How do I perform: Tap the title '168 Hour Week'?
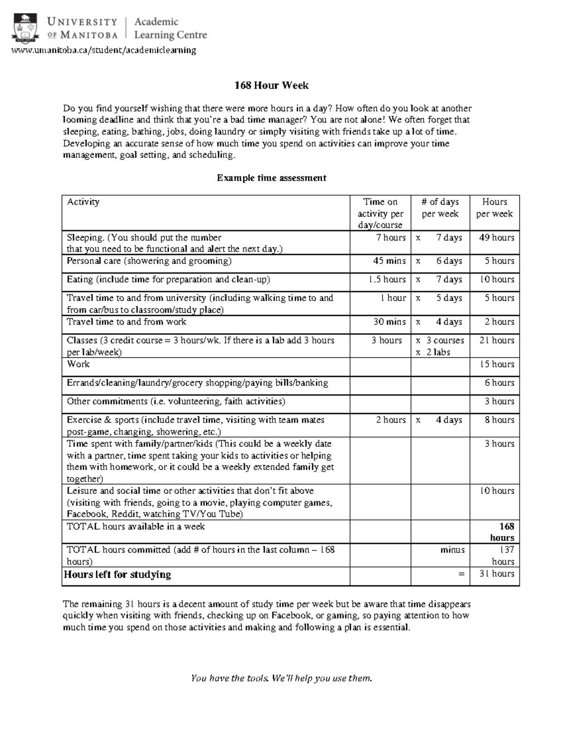272,85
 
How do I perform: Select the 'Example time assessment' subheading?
271,178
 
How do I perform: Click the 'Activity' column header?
83,202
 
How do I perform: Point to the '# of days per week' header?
440,208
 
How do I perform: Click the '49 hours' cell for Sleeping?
496,238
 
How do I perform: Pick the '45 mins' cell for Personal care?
389,261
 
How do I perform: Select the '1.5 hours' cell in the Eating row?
387,279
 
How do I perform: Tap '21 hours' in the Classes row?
496,340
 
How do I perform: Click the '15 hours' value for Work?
496,364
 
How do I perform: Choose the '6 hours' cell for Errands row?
499,383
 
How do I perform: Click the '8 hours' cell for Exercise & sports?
499,420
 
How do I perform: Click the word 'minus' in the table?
452,550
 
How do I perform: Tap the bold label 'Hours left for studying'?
117,575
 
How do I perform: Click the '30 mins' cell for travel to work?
389,322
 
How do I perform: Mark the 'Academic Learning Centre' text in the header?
170,28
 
